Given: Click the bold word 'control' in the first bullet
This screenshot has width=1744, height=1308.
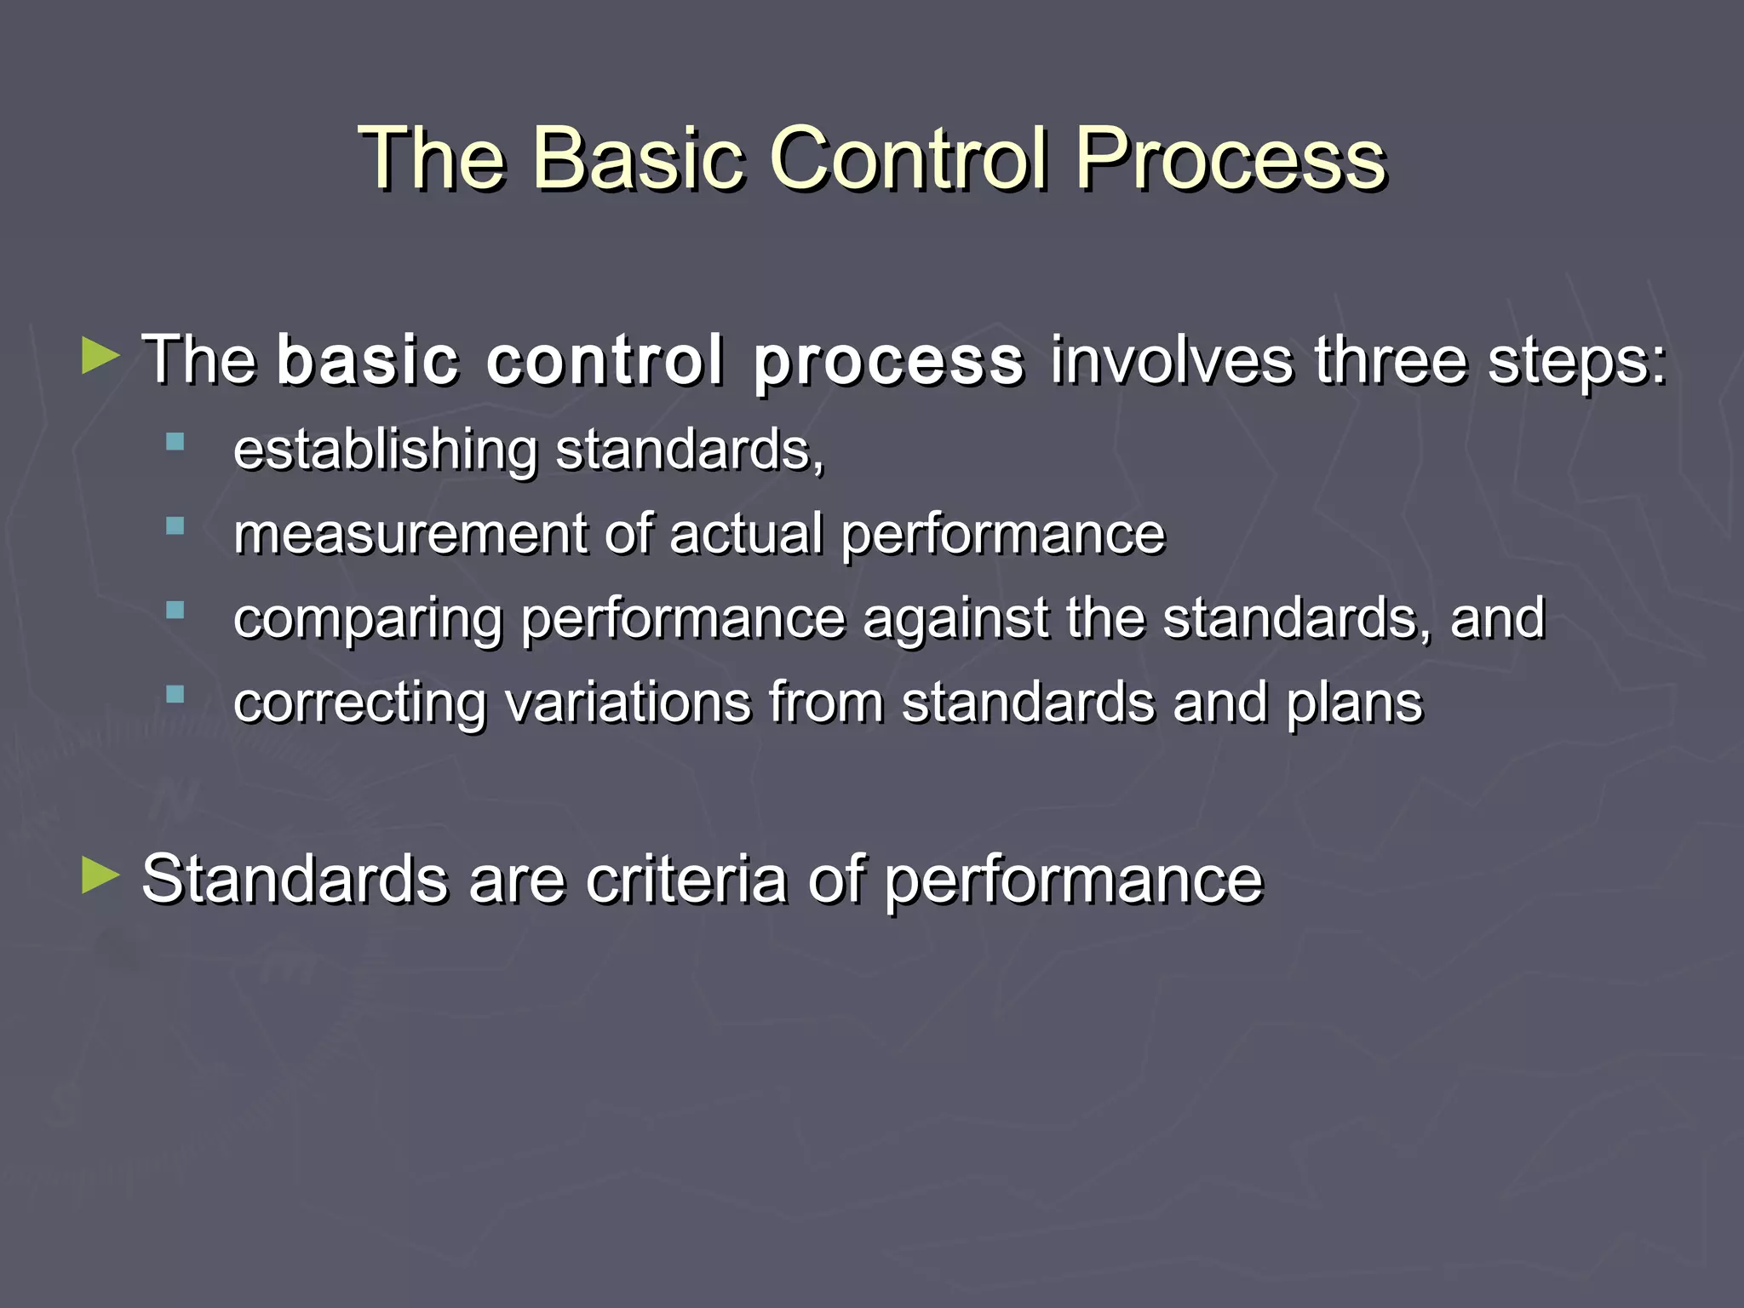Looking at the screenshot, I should click(605, 359).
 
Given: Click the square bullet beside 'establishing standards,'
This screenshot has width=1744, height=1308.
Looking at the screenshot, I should click(175, 442).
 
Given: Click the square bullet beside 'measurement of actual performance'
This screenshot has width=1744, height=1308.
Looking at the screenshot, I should click(175, 526).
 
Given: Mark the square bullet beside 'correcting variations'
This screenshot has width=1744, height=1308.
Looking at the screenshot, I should click(175, 695).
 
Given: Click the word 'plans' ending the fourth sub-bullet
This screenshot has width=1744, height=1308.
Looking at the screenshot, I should click(1354, 704).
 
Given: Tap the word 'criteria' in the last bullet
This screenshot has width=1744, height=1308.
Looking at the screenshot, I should click(686, 880).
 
